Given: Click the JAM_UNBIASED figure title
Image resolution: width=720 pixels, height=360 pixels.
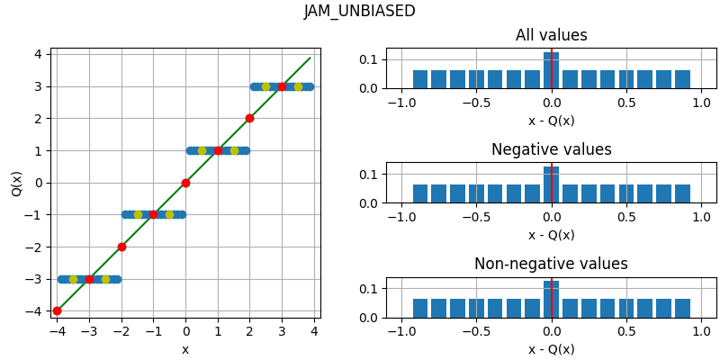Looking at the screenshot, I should [359, 12].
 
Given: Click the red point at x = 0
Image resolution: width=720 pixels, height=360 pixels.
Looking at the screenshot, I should [185, 183].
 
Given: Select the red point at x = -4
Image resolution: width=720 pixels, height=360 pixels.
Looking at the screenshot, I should [57, 310].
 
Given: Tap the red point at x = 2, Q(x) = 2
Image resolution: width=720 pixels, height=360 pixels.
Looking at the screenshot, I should [249, 118].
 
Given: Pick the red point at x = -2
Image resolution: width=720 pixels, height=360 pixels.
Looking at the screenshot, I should [121, 247].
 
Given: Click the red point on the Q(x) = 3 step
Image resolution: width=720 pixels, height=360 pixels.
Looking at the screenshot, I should [282, 86].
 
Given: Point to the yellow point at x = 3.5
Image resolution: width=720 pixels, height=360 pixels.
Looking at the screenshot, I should [298, 86].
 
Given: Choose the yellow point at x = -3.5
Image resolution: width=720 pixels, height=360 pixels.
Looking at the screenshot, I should [73, 279].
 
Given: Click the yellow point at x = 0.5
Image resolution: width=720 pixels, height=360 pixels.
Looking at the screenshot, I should [202, 150].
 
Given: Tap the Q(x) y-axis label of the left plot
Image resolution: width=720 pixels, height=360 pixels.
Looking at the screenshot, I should [17, 183].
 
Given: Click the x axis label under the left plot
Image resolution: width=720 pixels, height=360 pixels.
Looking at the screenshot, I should [185, 349].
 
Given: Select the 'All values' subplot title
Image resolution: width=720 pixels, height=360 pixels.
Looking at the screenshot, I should [551, 36].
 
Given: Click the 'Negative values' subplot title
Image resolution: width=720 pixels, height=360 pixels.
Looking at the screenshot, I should [551, 150].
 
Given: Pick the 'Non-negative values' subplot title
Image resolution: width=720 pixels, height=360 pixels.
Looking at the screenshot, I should [551, 265].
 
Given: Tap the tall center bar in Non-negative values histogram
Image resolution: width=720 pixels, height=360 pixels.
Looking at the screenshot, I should [551, 301].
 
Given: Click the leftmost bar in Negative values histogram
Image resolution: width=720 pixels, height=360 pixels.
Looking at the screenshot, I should [420, 193].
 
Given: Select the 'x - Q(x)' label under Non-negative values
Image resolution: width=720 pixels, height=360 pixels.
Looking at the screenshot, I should [551, 349].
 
